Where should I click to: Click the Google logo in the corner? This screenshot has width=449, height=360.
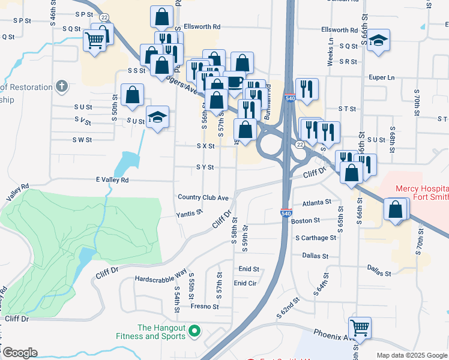tap(20, 353)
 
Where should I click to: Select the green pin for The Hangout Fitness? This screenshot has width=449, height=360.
tap(194, 331)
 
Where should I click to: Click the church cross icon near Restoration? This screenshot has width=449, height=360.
tap(61, 87)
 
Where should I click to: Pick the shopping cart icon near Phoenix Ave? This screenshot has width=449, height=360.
tap(360, 328)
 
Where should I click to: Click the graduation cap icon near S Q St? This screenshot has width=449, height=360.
tap(377, 40)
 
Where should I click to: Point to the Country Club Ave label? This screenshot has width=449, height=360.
tap(203, 197)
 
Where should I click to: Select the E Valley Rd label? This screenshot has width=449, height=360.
tap(112, 179)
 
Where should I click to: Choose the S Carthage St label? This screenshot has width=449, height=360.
tap(316, 238)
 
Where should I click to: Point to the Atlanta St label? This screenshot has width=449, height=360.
tap(317, 203)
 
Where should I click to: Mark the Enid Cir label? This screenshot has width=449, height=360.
tap(245, 283)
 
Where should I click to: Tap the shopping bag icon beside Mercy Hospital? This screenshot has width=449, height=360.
tap(396, 210)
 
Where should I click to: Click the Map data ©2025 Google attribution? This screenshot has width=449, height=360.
tap(411, 355)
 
